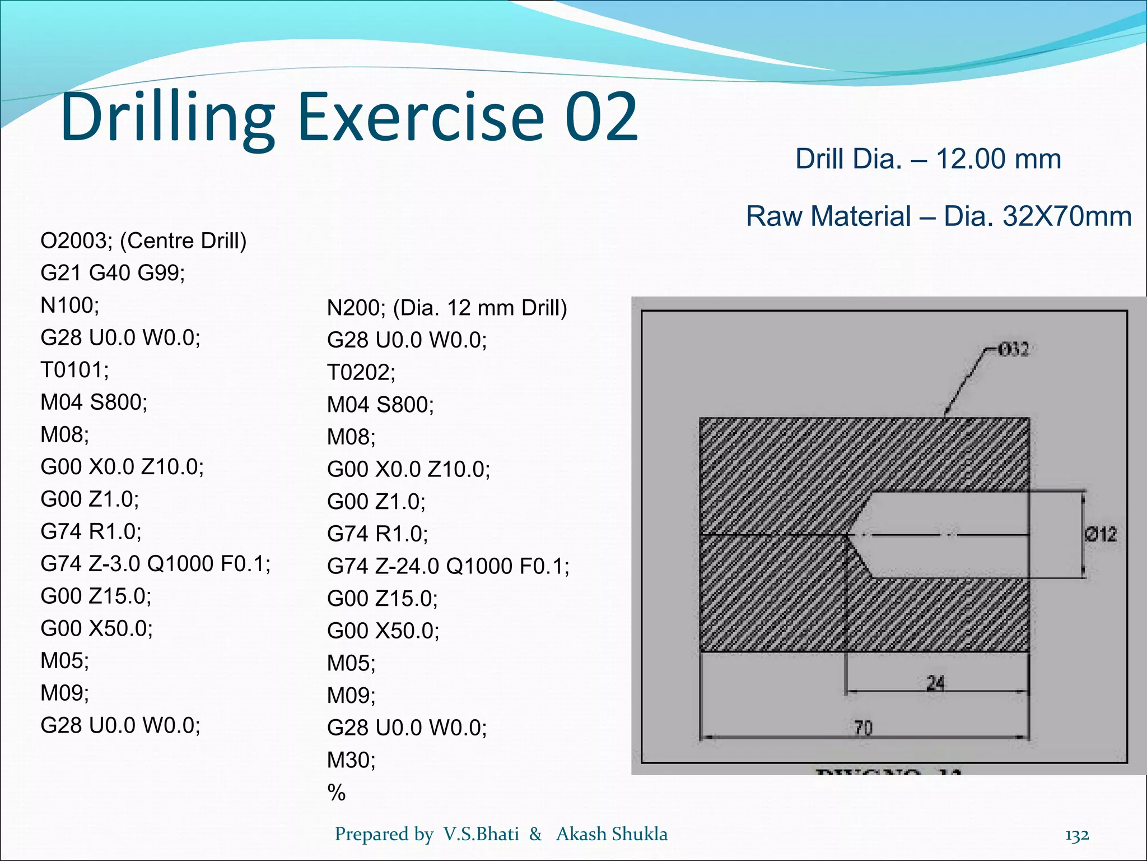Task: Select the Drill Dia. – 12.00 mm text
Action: click(x=928, y=159)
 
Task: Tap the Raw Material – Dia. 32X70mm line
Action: click(x=939, y=216)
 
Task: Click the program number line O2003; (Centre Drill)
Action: click(x=143, y=240)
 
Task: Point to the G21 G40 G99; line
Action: click(x=113, y=273)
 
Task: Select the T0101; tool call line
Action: click(x=74, y=370)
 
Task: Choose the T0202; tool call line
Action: click(x=361, y=372)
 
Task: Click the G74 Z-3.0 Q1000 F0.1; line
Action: click(x=155, y=563)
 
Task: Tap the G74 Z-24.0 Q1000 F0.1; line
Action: click(x=448, y=566)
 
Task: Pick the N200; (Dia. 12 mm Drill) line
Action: click(x=447, y=308)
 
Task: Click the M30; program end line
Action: click(x=351, y=760)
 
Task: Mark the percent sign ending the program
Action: click(x=337, y=792)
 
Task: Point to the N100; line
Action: click(x=69, y=305)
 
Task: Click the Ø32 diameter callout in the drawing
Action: click(x=1013, y=350)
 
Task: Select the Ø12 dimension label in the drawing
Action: click(x=1101, y=534)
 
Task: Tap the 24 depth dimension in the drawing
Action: click(x=935, y=683)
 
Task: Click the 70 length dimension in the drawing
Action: click(x=863, y=728)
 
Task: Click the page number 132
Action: click(x=1076, y=835)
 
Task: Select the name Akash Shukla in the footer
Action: click(x=612, y=834)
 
